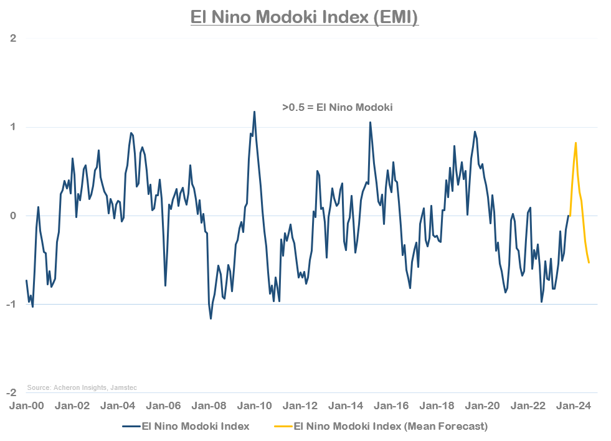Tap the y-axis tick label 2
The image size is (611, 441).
pyautogui.click(x=13, y=39)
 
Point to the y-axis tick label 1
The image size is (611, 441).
pyautogui.click(x=13, y=127)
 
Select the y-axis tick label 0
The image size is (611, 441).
pyautogui.click(x=13, y=216)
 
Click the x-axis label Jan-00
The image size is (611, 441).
pyautogui.click(x=26, y=405)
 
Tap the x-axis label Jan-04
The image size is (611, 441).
pyautogui.click(x=118, y=405)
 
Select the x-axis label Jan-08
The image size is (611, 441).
pyautogui.click(x=209, y=405)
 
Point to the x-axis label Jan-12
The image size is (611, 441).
pyautogui.click(x=300, y=405)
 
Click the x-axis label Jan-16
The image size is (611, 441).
pyautogui.click(x=392, y=405)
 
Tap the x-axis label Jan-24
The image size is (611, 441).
pyautogui.click(x=574, y=405)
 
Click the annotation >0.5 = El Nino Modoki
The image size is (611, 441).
pyautogui.click(x=337, y=108)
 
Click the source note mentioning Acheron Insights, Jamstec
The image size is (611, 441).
pyautogui.click(x=82, y=387)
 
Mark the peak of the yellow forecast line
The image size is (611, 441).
pyautogui.click(x=575, y=143)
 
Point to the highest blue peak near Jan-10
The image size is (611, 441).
pyautogui.click(x=254, y=111)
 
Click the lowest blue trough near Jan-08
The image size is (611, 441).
pyautogui.click(x=211, y=319)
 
